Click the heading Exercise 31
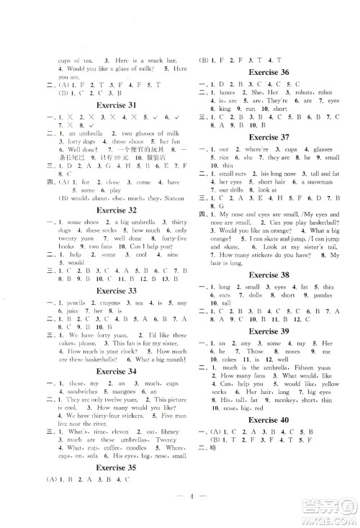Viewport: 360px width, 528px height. click(x=117, y=105)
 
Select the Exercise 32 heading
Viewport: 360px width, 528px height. click(x=117, y=212)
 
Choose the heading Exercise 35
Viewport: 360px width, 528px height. click(x=117, y=467)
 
